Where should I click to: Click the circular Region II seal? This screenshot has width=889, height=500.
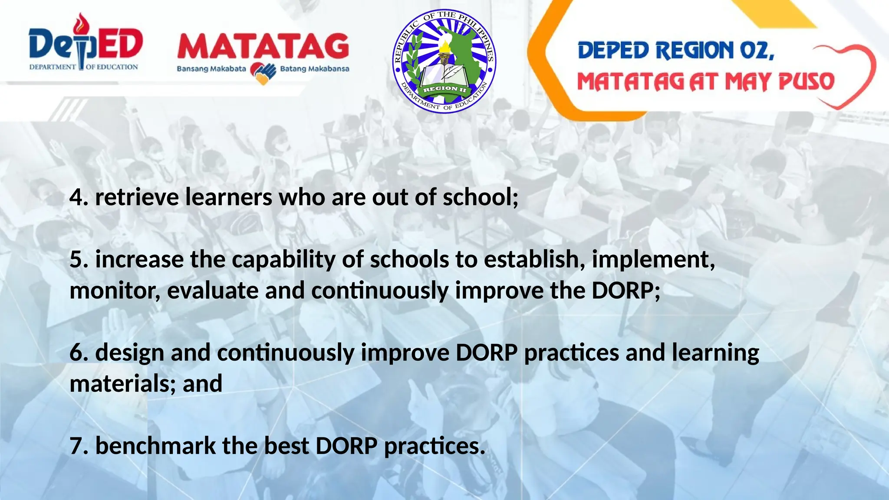click(x=444, y=61)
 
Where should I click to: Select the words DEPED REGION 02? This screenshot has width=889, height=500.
click(x=676, y=51)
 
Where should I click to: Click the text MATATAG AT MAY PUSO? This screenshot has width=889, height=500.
click(x=705, y=82)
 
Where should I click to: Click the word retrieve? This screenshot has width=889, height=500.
click(x=137, y=197)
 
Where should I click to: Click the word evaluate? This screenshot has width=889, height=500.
click(x=213, y=291)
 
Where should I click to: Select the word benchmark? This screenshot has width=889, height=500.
click(x=155, y=446)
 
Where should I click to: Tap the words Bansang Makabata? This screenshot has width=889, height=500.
click(x=211, y=69)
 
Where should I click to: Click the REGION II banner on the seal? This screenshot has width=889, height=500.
click(x=445, y=89)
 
